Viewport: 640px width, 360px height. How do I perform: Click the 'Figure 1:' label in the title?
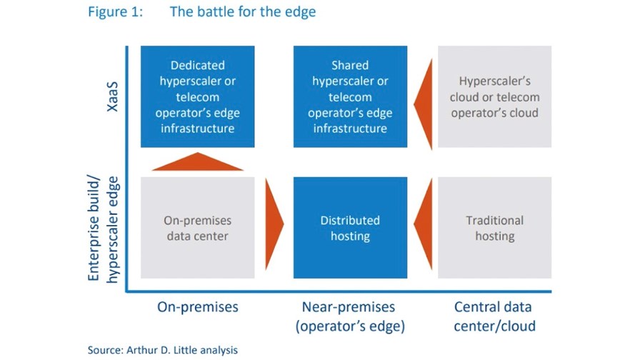[x=116, y=12]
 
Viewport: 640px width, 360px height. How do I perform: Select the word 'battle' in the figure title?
[x=216, y=11]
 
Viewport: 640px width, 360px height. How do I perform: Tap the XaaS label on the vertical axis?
[x=112, y=96]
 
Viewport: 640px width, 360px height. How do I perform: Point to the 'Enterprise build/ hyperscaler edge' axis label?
[x=103, y=229]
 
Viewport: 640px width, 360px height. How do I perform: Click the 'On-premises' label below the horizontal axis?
[x=198, y=307]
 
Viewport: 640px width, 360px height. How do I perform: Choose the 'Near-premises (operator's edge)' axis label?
[x=350, y=316]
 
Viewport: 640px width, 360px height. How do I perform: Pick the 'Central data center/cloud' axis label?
[x=494, y=316]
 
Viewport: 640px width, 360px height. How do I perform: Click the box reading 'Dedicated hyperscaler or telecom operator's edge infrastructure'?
[x=198, y=96]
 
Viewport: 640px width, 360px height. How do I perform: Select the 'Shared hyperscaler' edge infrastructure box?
[x=350, y=96]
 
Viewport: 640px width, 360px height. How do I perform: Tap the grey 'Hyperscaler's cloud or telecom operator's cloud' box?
[x=495, y=96]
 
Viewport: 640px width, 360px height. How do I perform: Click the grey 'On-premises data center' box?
[x=198, y=228]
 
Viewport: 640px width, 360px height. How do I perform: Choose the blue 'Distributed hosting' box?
[x=350, y=228]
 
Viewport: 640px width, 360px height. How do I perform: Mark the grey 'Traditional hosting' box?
[x=495, y=228]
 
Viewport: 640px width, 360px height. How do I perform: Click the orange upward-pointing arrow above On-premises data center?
[x=198, y=162]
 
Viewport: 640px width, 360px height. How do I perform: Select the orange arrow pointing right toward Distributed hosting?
[x=274, y=224]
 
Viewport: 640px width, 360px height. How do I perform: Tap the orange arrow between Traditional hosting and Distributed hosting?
[x=424, y=224]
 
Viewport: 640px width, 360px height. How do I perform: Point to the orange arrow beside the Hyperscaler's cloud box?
[x=424, y=104]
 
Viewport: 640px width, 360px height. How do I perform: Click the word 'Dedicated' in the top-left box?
[x=198, y=65]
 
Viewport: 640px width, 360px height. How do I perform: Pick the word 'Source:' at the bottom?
[x=105, y=350]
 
